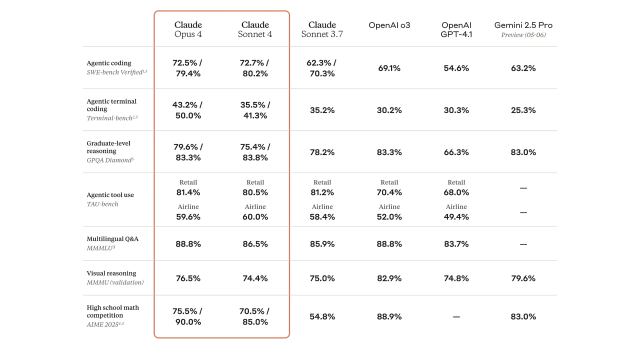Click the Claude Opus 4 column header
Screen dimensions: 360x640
[188, 29]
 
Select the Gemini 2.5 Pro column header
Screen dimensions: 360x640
[523, 25]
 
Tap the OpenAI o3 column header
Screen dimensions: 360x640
[389, 25]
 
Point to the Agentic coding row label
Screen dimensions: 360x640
[109, 63]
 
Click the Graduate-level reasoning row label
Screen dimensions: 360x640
[108, 147]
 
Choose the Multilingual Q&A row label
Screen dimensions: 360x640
[112, 239]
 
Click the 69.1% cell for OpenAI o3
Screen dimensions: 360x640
[389, 68]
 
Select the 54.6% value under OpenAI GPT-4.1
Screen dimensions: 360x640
[456, 68]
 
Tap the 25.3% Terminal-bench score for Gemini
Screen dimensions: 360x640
[523, 110]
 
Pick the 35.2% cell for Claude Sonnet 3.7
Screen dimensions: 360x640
[322, 110]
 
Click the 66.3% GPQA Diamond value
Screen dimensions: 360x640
[456, 152]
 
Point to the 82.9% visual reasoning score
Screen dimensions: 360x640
[389, 278]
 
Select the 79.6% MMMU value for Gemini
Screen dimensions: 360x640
[523, 278]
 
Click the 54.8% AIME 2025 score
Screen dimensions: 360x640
[322, 316]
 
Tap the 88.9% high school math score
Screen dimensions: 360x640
[389, 316]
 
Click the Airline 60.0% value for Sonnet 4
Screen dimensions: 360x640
[255, 217]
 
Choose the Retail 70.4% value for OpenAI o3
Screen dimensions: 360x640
[389, 192]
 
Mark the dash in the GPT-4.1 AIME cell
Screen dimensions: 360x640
[456, 316]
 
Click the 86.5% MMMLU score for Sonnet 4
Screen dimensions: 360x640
[255, 244]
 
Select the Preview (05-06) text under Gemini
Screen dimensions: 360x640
[523, 35]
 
